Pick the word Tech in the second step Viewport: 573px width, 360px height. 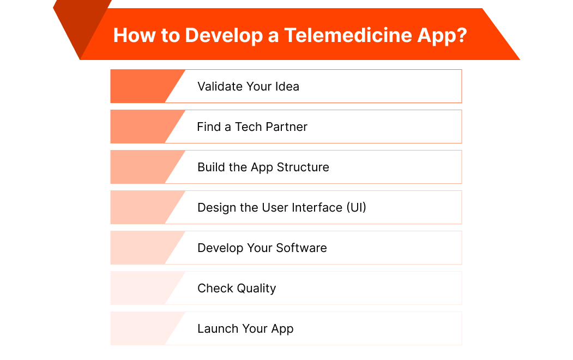tap(248, 127)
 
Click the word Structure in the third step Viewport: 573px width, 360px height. tap(303, 167)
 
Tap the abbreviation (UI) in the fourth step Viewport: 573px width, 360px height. tap(355, 207)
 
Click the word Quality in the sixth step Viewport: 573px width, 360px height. tap(258, 288)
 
